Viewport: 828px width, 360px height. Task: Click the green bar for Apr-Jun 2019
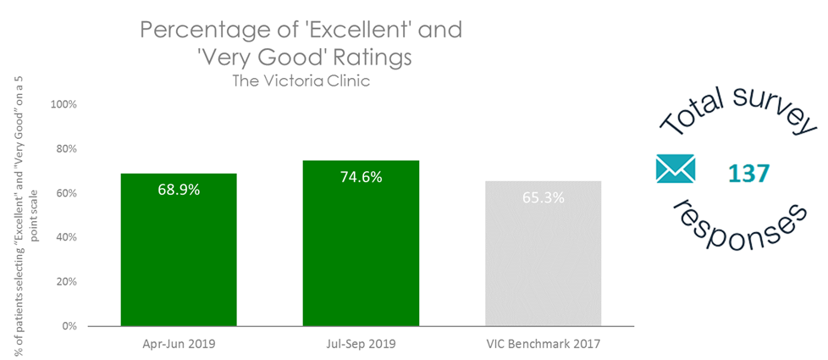coord(179,250)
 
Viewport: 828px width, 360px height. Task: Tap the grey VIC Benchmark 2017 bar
coord(543,253)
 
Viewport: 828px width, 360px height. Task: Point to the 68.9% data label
coord(179,190)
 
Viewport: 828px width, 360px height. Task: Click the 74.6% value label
coord(361,177)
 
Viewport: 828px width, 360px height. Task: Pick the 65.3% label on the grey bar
coord(543,198)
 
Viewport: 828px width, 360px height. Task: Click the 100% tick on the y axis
coord(63,104)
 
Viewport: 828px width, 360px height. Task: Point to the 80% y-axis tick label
coord(65,149)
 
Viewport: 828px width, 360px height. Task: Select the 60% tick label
coord(65,193)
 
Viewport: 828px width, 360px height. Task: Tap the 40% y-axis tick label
coord(65,237)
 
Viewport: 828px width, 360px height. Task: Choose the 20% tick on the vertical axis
coord(65,281)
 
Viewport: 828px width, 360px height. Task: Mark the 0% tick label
coord(69,326)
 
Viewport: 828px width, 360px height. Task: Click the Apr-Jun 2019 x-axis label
coord(179,345)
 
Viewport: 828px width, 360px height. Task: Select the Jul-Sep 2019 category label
coord(361,345)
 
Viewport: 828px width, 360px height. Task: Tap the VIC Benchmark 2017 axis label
coord(543,345)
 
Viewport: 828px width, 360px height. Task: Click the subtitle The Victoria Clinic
coord(301,81)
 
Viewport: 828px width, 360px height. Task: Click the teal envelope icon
coord(676,169)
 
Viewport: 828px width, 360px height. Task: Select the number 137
coord(749,174)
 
